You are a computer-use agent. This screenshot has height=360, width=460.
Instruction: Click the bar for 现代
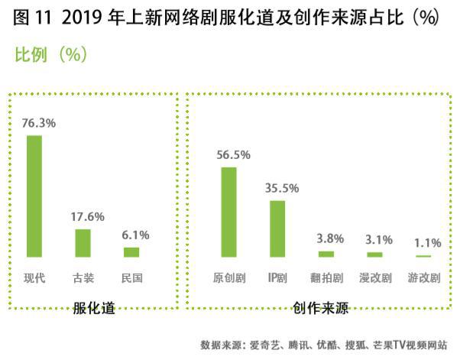[34, 196]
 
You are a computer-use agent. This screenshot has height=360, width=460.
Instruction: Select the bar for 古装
[83, 243]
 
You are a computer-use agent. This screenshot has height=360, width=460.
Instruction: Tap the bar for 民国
[131, 252]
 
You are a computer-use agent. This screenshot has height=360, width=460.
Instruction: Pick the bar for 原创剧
[228, 212]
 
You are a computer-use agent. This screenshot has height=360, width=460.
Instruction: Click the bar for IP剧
[277, 229]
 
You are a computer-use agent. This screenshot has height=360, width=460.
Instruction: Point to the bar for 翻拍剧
[326, 255]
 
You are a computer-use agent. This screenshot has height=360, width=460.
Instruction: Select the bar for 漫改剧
[374, 255]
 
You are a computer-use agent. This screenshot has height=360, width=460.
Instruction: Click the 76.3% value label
[39, 123]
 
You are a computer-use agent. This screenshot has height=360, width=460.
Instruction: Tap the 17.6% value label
[87, 217]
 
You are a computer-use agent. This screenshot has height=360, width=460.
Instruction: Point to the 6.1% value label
[135, 235]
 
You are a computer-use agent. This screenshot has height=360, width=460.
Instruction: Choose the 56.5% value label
[234, 155]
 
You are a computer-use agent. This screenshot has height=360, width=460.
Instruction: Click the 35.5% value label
[282, 188]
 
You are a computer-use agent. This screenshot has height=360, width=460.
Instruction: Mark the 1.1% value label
[428, 243]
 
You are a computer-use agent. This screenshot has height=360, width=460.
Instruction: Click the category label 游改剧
[424, 278]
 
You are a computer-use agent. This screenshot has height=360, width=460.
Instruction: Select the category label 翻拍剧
[327, 278]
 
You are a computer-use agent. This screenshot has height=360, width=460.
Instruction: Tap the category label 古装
[83, 278]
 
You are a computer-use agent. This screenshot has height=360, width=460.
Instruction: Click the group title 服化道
[94, 308]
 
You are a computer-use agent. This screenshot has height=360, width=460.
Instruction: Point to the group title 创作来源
[320, 308]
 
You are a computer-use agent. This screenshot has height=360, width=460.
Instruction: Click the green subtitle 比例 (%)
[51, 54]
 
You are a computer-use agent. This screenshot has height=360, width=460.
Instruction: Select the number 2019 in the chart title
[82, 17]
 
